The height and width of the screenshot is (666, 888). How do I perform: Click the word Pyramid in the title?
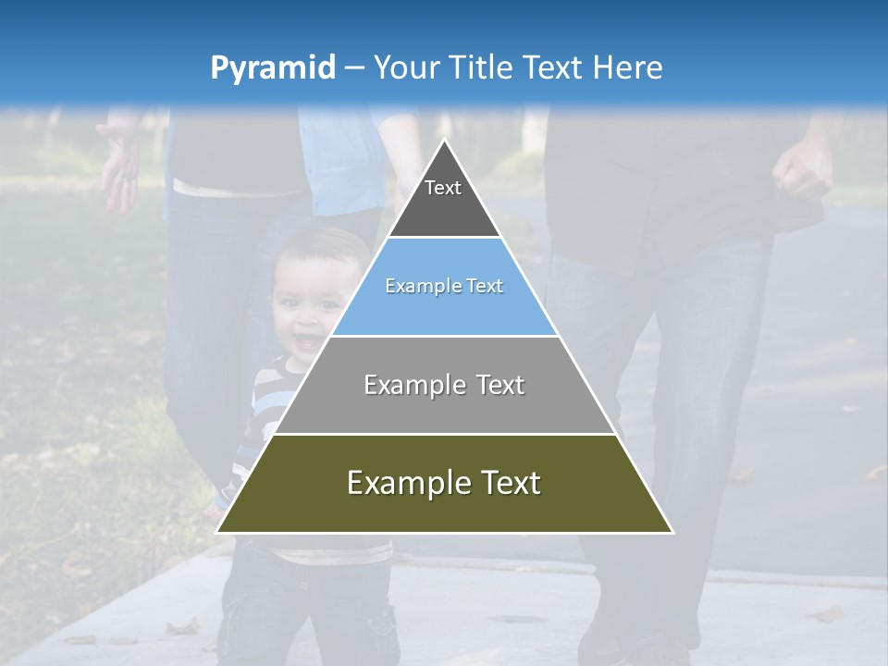(273, 68)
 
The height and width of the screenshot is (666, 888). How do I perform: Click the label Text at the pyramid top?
(443, 188)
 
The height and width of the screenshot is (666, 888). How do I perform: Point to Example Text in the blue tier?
(444, 286)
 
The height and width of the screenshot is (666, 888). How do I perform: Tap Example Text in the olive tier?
(444, 483)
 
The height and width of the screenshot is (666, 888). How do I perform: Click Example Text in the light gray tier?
(444, 385)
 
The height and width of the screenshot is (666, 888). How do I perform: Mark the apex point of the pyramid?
(445, 139)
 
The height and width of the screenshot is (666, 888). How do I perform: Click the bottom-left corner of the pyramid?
(216, 533)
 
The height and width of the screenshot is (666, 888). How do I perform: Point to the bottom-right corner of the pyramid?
(673, 533)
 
